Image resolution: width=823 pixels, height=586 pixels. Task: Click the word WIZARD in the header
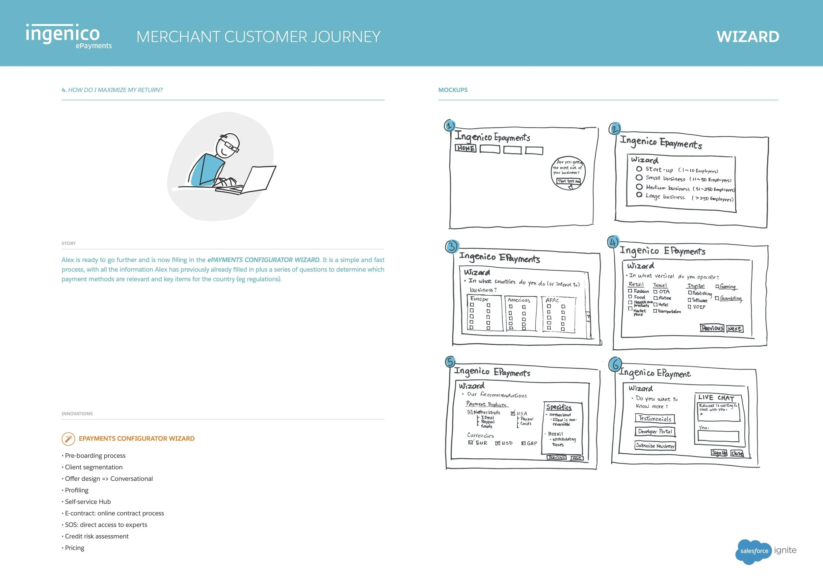tap(748, 37)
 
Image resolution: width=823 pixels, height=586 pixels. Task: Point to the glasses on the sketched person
tap(229, 146)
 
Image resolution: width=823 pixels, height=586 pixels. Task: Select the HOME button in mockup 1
tap(465, 148)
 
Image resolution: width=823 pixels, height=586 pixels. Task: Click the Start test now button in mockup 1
tap(569, 181)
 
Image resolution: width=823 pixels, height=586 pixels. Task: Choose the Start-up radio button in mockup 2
tap(639, 169)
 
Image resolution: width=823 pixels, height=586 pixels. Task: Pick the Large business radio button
tap(639, 195)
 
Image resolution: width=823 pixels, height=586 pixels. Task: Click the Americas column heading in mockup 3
tap(519, 300)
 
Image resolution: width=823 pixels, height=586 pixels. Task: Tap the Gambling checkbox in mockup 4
tap(717, 298)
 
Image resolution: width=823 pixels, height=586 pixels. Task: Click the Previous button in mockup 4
tap(712, 328)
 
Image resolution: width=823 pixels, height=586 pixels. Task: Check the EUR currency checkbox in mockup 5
tap(470, 442)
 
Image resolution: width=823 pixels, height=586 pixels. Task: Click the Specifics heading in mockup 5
tap(559, 407)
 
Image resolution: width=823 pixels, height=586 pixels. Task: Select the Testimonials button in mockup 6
tap(655, 418)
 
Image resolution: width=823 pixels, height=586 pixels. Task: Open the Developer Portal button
tap(655, 432)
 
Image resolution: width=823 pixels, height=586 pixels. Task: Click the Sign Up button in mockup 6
tap(719, 453)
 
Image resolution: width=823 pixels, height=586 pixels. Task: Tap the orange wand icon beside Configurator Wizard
tap(68, 439)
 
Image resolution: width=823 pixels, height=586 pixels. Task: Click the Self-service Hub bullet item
tap(88, 502)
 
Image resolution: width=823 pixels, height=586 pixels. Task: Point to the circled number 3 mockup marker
tap(452, 247)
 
